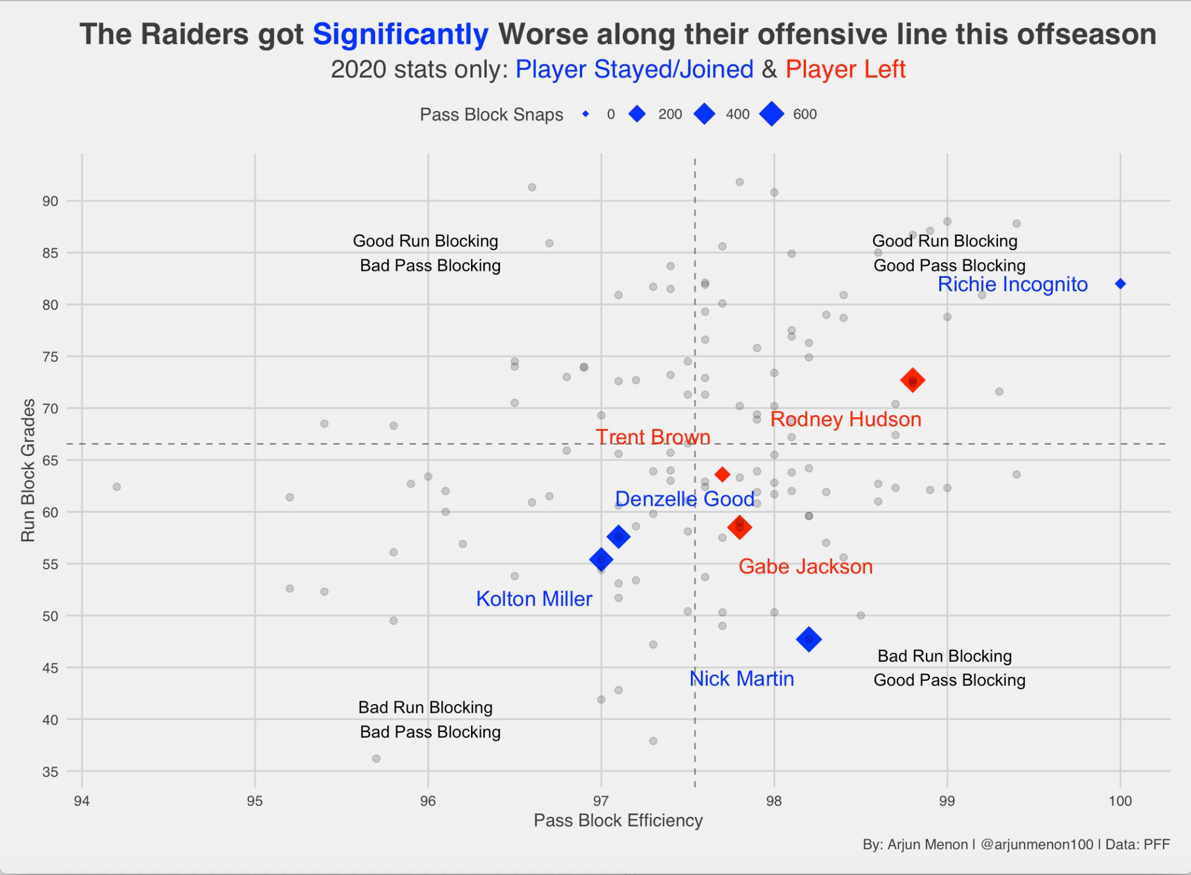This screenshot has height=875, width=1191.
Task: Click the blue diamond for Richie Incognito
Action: [1120, 284]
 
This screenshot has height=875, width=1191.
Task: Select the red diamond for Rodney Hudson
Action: [912, 381]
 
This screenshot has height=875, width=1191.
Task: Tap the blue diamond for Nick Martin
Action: [808, 640]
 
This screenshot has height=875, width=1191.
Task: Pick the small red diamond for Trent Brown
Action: [722, 474]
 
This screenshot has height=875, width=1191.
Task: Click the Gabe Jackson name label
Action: [805, 566]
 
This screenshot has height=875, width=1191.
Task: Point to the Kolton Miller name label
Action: [534, 599]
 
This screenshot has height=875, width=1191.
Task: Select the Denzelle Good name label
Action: [684, 499]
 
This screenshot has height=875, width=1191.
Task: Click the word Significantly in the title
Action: [401, 34]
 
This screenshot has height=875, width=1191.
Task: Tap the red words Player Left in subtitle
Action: [846, 69]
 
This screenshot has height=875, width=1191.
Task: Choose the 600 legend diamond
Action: [772, 114]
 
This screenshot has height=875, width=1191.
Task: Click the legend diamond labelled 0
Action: [586, 114]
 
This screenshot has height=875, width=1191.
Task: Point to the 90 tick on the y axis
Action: [50, 201]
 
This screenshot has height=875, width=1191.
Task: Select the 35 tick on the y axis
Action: [50, 772]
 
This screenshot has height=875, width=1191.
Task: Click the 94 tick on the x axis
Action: [82, 801]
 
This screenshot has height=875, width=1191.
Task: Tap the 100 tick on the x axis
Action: [1120, 801]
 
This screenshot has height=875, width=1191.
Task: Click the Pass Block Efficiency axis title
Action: [618, 820]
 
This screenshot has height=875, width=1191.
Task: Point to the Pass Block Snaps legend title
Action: [491, 115]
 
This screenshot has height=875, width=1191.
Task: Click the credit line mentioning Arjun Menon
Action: [1016, 844]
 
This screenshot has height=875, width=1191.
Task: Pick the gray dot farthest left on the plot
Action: [117, 487]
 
